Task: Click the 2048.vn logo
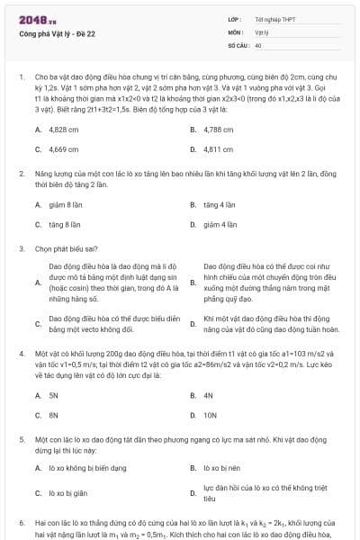click(35, 19)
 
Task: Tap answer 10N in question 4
click(210, 415)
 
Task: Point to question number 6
click(22, 522)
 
